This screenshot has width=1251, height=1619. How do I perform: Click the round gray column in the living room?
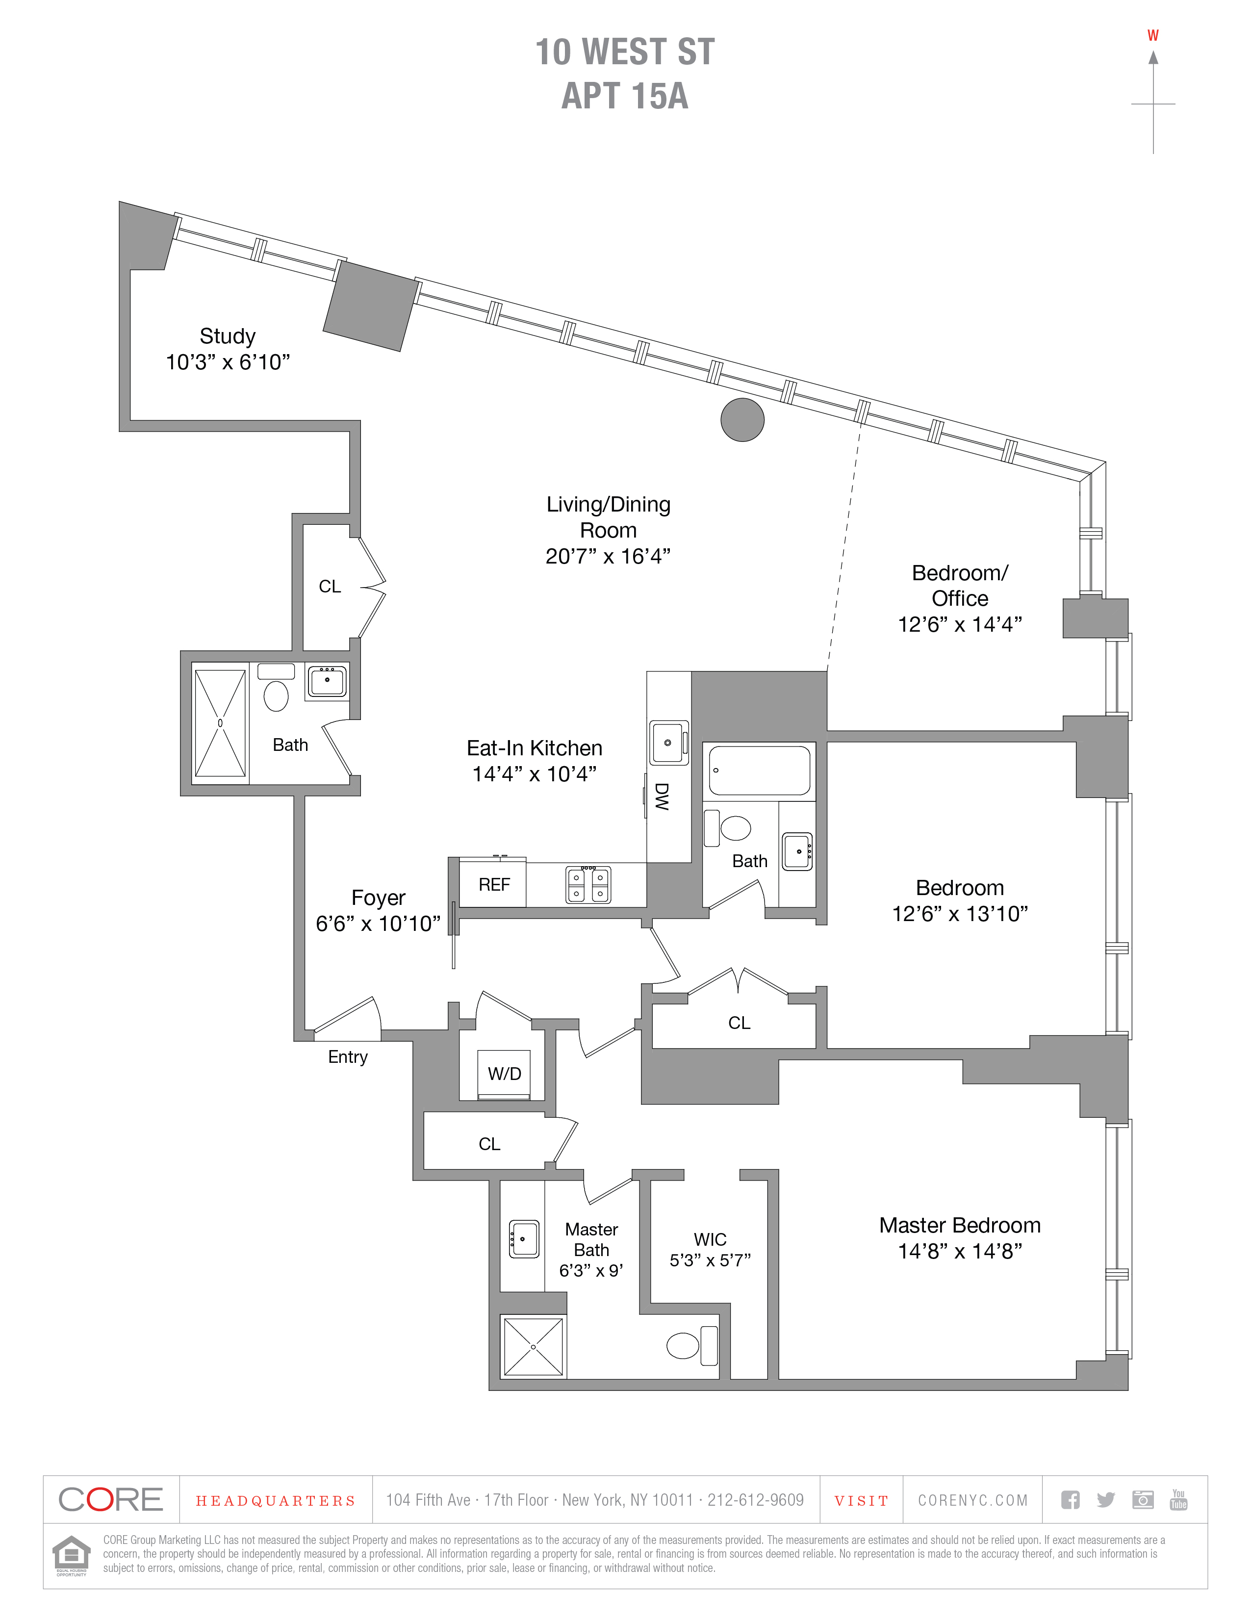click(x=742, y=419)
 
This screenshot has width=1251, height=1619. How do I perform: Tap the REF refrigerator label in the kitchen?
click(x=494, y=884)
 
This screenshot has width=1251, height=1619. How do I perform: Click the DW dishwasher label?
click(x=662, y=797)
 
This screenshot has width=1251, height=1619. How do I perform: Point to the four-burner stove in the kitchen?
click(x=588, y=884)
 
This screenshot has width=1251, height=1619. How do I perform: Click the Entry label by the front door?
click(x=348, y=1057)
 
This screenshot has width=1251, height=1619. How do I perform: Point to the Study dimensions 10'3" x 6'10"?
click(x=228, y=362)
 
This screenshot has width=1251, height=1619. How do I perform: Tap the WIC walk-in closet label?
click(x=710, y=1239)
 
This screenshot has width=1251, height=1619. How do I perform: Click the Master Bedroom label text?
click(x=960, y=1225)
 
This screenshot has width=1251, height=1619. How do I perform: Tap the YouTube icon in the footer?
click(x=1178, y=1499)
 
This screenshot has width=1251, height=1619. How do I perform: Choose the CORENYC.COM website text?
click(x=973, y=1500)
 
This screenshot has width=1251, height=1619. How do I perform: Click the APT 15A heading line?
click(x=625, y=96)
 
